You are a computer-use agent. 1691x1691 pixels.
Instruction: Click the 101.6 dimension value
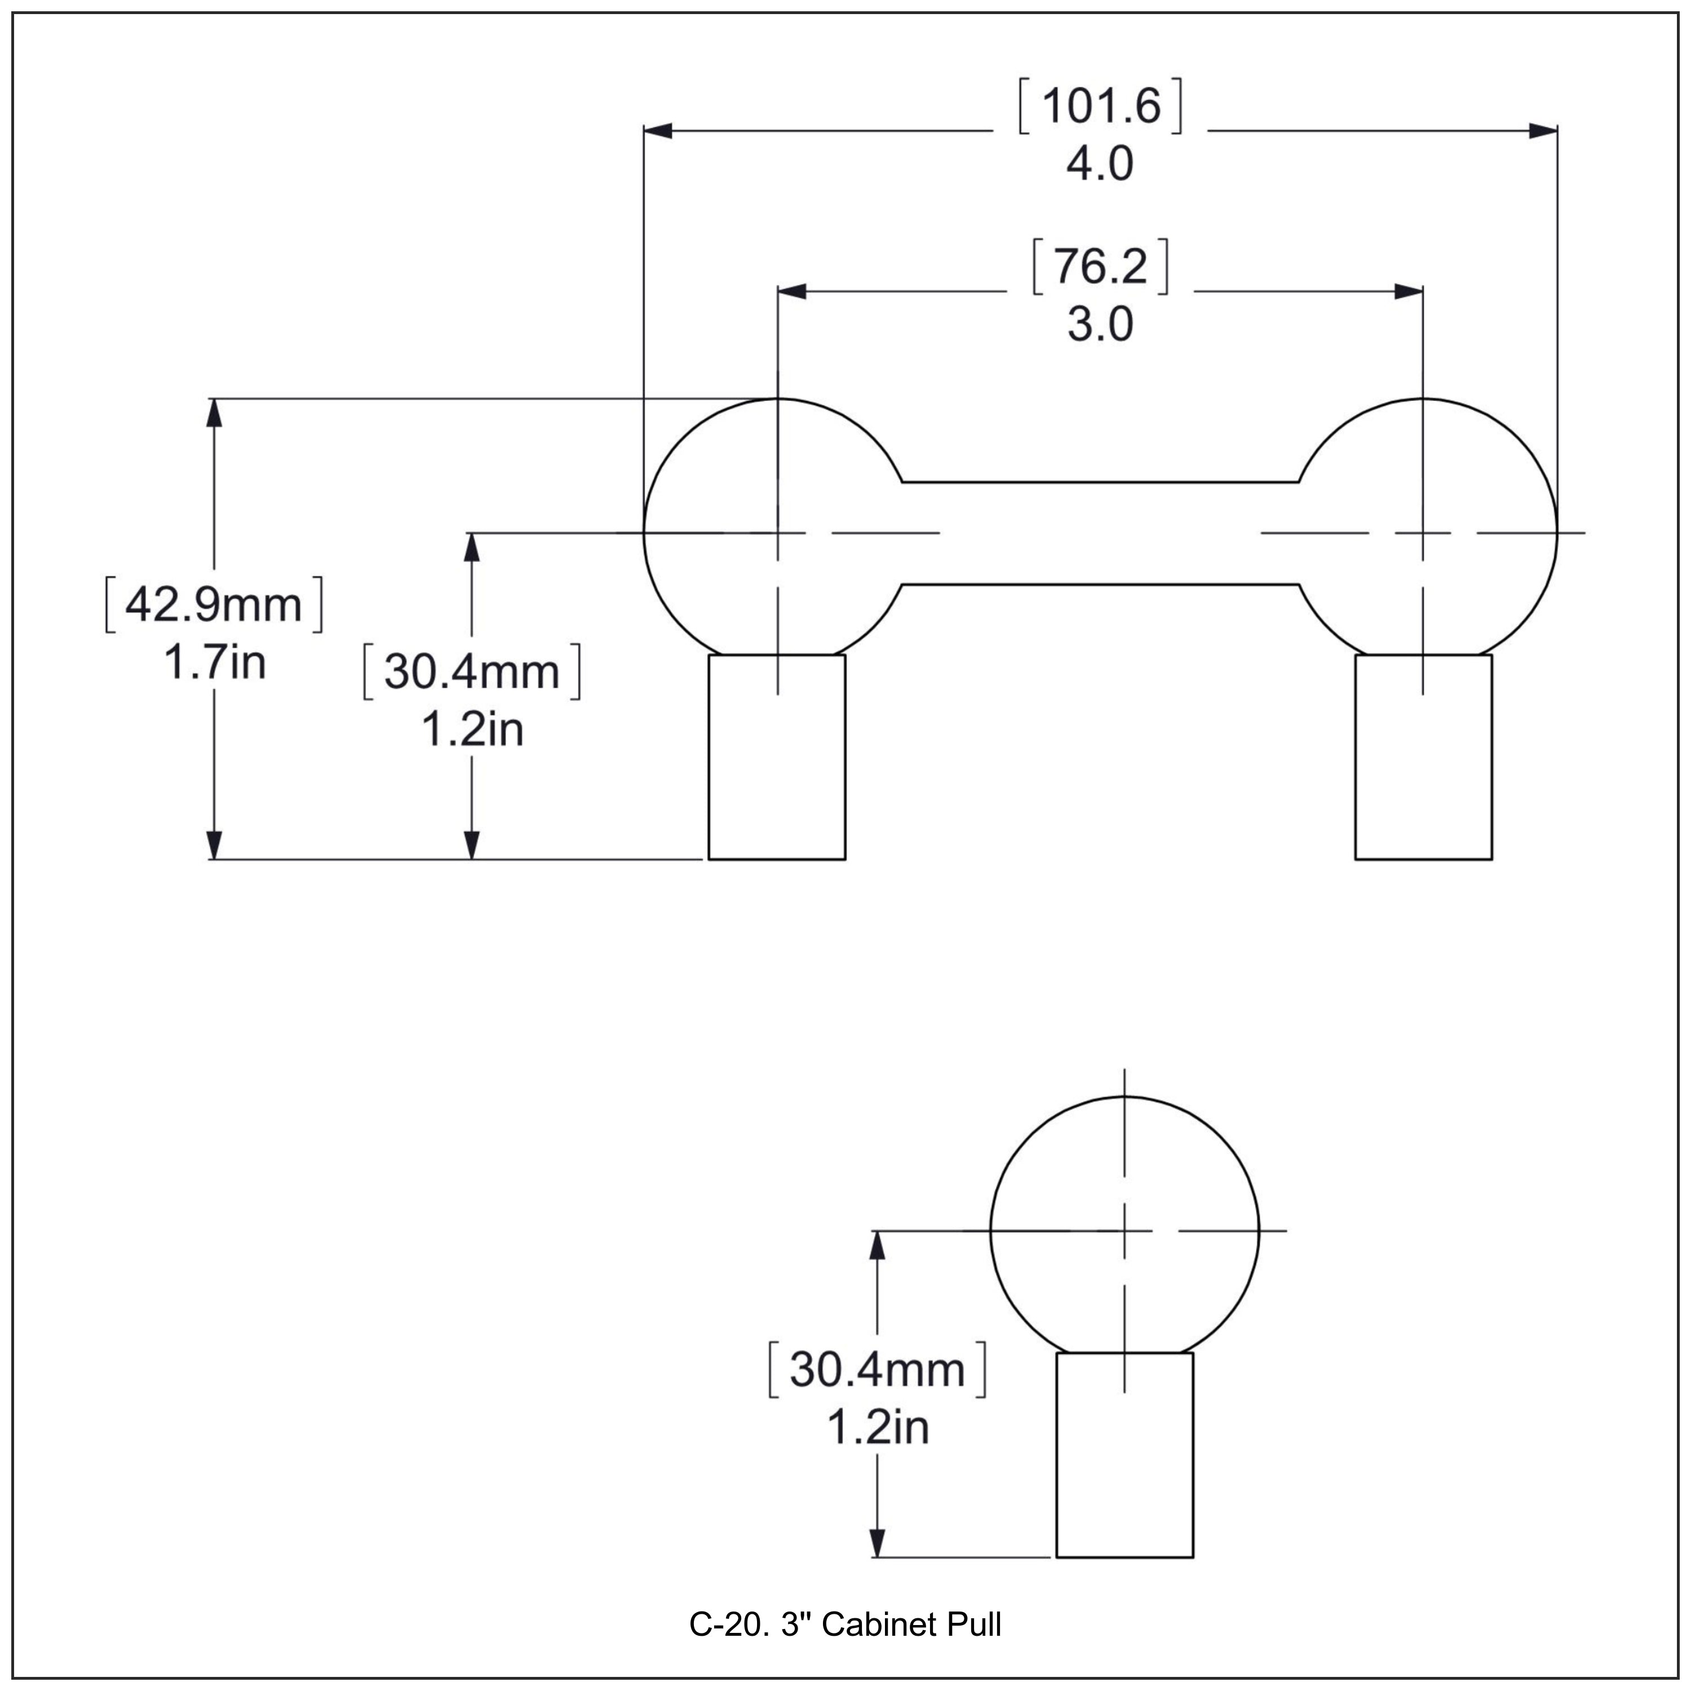click(1100, 107)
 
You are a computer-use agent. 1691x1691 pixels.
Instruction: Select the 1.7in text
click(214, 662)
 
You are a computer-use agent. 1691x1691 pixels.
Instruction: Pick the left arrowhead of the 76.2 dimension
click(791, 291)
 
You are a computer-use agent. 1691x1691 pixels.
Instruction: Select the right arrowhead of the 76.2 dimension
click(1408, 291)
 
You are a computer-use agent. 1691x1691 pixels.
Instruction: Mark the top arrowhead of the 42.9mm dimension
click(214, 413)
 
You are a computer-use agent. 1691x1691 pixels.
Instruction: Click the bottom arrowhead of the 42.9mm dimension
click(214, 844)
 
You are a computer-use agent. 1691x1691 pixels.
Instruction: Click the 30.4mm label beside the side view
click(877, 1370)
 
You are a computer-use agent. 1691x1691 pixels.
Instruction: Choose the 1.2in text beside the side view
click(878, 1428)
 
